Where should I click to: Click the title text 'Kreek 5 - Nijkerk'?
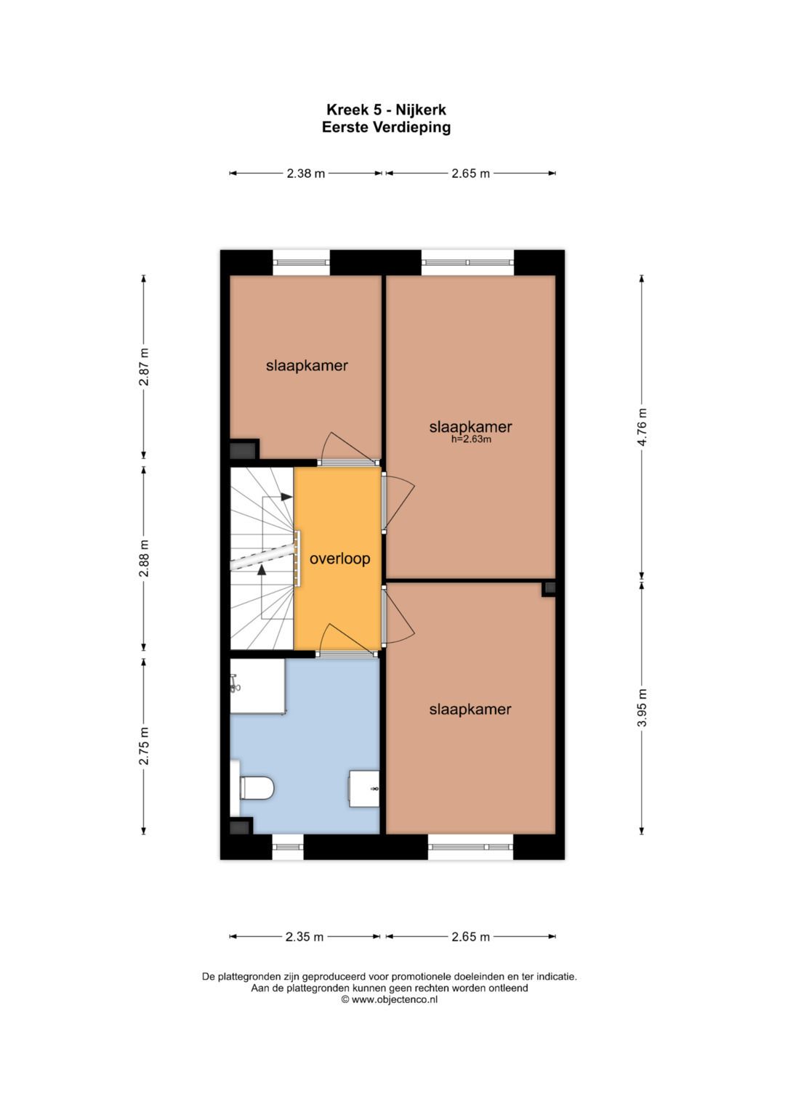click(386, 110)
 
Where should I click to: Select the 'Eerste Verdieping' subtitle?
click(386, 127)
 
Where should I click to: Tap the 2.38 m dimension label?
click(305, 174)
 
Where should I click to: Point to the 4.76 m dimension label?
click(642, 427)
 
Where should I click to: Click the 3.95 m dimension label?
click(642, 707)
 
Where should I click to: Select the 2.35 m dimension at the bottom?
click(305, 937)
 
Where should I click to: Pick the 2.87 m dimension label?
click(144, 367)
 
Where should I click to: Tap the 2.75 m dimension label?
click(144, 745)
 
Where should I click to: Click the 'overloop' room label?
click(339, 558)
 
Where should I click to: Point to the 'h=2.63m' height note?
click(471, 439)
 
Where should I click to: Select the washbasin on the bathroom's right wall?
click(365, 789)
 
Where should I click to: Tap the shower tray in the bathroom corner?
click(257, 686)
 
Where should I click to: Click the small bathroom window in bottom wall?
click(288, 847)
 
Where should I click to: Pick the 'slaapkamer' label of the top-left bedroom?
click(307, 365)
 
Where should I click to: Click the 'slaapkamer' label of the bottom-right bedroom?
click(470, 710)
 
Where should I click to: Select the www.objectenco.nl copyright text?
click(390, 999)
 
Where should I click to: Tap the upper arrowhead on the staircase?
click(286, 497)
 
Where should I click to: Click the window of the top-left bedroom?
click(301, 262)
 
